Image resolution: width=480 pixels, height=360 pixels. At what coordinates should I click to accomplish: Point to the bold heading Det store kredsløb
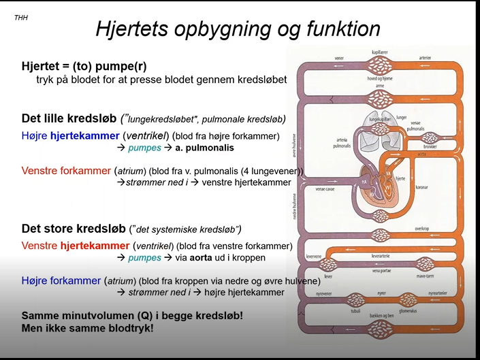pos(73,228)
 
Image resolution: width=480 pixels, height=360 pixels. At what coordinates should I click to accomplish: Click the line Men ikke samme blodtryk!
pos(88,328)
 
